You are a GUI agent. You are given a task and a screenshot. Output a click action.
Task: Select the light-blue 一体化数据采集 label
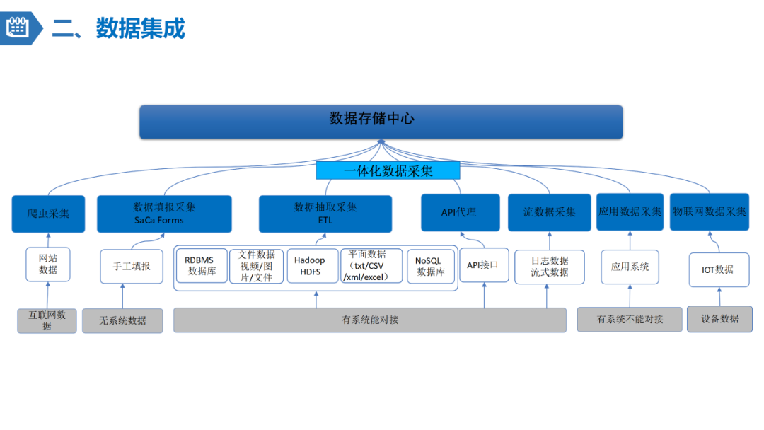(x=388, y=170)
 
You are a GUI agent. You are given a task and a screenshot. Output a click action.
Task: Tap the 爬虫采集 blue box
(x=48, y=214)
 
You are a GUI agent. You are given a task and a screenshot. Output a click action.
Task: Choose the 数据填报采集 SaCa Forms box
(x=164, y=214)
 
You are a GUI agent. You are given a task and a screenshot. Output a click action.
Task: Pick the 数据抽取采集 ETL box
(x=325, y=214)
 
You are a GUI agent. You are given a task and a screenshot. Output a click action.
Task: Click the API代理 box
(x=460, y=212)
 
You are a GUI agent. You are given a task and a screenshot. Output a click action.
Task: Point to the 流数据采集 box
(x=549, y=212)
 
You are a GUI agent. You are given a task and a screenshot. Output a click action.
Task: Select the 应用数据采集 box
(x=630, y=211)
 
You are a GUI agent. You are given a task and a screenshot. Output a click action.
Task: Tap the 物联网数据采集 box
(x=709, y=211)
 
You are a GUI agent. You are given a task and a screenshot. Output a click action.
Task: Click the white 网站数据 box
(x=48, y=264)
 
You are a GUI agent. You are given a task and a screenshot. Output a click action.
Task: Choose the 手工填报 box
(x=132, y=267)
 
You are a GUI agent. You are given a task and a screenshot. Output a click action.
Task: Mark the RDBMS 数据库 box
(x=202, y=266)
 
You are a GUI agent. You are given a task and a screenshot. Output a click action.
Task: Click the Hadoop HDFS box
(x=312, y=266)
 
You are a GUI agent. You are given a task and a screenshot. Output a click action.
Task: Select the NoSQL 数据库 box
(x=431, y=266)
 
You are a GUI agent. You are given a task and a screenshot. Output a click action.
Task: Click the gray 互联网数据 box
(x=47, y=320)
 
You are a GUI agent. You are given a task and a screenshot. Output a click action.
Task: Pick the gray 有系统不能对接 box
(x=630, y=320)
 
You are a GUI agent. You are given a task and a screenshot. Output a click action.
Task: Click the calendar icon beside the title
(x=16, y=28)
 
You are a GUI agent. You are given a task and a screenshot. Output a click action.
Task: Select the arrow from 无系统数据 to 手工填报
(x=122, y=296)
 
